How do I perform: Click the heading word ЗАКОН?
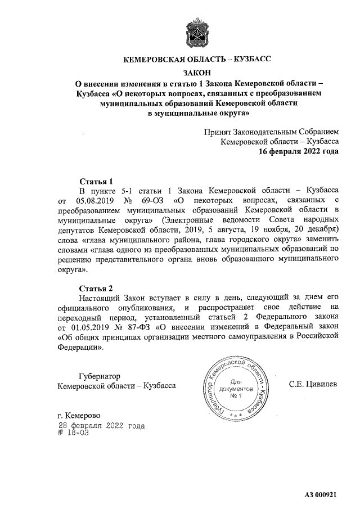pyautogui.click(x=197, y=72)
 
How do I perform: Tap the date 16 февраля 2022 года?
pyautogui.click(x=298, y=152)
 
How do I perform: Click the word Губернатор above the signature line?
pyautogui.click(x=101, y=375)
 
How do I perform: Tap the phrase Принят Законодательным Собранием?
pyautogui.click(x=272, y=132)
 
